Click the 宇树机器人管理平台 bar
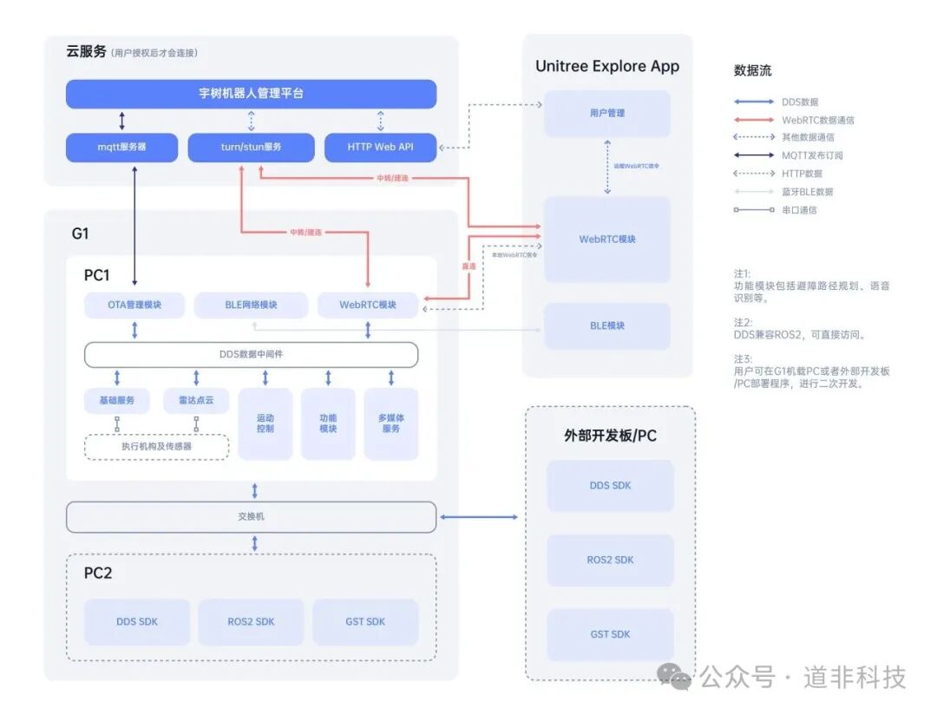[x=251, y=94]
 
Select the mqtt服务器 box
[x=121, y=148]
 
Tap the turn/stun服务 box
[x=251, y=148]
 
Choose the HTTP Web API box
[x=380, y=148]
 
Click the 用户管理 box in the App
[x=607, y=114]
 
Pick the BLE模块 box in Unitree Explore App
[x=607, y=326]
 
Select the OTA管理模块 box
[x=134, y=305]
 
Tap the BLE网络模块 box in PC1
[x=251, y=305]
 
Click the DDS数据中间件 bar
[x=251, y=355]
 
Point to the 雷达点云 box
[x=196, y=400]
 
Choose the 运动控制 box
[x=265, y=423]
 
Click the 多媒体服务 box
[x=391, y=423]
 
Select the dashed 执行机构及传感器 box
[x=156, y=447]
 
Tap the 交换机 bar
[x=251, y=517]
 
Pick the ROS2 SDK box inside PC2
[x=251, y=622]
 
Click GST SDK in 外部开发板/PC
[x=610, y=635]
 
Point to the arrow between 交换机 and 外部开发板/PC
[x=480, y=517]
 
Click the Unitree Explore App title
[x=607, y=67]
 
